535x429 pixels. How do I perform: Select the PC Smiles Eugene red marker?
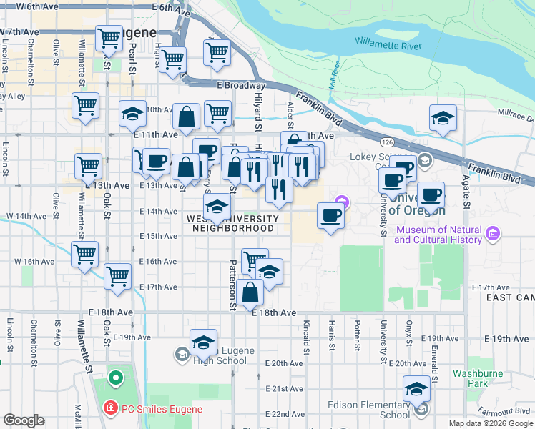(109, 409)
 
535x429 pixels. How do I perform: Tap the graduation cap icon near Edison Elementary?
(416, 389)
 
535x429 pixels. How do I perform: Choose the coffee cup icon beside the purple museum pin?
(330, 215)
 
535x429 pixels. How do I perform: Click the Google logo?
(24, 420)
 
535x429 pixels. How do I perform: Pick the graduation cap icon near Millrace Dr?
(443, 118)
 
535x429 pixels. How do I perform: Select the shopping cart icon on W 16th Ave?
(85, 254)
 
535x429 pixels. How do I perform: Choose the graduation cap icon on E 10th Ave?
(132, 114)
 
